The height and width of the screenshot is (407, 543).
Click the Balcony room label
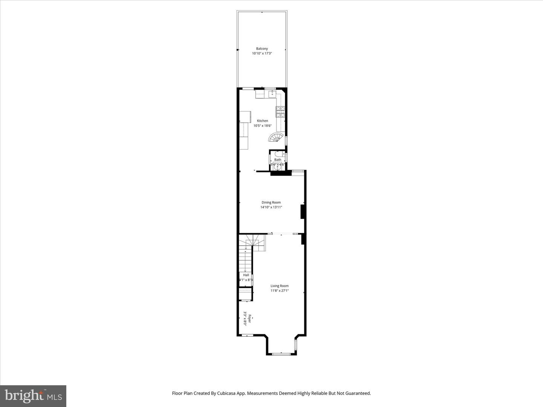tap(262, 49)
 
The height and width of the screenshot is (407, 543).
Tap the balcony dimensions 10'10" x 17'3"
tap(262, 54)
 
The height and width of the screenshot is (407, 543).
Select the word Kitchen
tap(262, 121)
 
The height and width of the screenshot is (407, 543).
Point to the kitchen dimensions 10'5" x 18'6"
tap(262, 126)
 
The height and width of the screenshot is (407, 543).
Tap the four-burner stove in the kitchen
tap(281, 112)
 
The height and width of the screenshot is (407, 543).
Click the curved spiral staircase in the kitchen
tap(276, 138)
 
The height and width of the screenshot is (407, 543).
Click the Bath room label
tap(278, 160)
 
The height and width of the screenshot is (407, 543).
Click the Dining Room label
tap(271, 202)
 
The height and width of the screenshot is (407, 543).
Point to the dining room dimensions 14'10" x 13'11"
tap(271, 207)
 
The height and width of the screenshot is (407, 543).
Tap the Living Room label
tap(279, 286)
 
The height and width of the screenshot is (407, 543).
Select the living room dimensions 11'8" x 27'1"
tap(279, 291)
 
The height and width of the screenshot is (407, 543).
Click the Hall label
tap(246, 275)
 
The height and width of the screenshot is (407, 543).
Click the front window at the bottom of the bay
tap(281, 354)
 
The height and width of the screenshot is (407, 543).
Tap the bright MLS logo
tap(33, 396)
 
